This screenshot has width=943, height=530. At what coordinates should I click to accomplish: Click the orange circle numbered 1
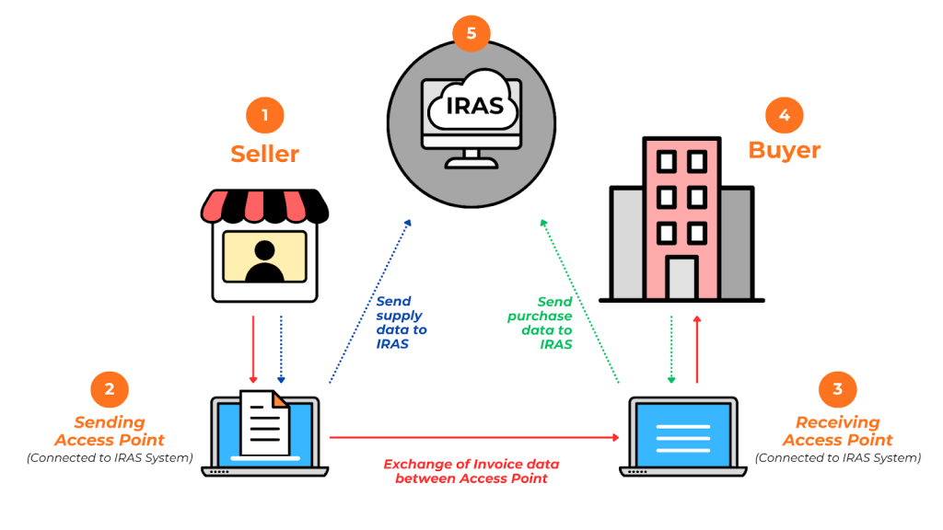(265, 116)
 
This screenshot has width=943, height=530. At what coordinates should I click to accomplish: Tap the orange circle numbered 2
(110, 389)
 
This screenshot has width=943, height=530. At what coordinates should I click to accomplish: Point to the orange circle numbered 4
(784, 116)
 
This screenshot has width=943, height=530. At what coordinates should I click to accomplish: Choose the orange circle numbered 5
(471, 34)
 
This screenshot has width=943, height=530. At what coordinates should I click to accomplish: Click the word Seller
(265, 154)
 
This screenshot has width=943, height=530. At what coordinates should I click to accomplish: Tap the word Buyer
(784, 150)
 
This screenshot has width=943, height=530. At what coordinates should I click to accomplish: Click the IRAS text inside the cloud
(474, 105)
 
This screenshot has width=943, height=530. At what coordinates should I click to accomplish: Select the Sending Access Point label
(110, 431)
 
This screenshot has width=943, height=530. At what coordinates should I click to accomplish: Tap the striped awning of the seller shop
(265, 206)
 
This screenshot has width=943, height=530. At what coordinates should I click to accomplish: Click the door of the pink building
(682, 278)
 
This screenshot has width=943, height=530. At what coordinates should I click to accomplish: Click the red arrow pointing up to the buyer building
(697, 350)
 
